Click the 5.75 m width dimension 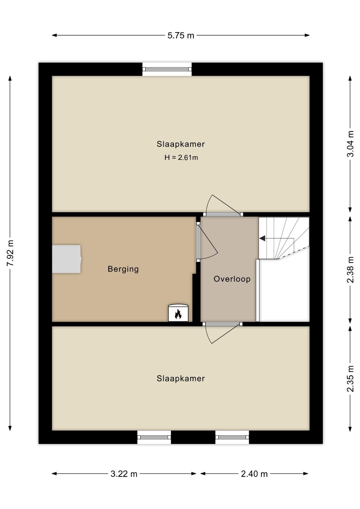tap(181, 35)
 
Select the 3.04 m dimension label tap(350, 144)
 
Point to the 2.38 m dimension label tap(350, 270)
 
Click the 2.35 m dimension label tap(350, 379)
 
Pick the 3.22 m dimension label tap(124, 474)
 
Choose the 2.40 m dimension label tap(254, 474)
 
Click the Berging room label tap(123, 269)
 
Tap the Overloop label tap(232, 279)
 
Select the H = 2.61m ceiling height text tap(181, 157)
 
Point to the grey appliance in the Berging tap(67, 259)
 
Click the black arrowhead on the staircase tap(262, 238)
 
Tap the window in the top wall tap(167, 69)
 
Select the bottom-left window tap(154, 437)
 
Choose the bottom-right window tap(232, 437)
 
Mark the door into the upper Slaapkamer tap(223, 206)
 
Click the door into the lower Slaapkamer tap(222, 333)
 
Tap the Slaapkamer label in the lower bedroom tap(181, 378)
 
